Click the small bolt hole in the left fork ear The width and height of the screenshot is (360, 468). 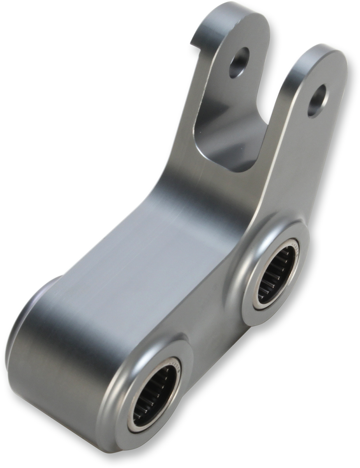click(x=239, y=62)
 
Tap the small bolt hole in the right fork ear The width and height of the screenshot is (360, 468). click(x=318, y=101)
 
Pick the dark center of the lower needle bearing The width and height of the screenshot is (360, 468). click(x=158, y=394)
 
